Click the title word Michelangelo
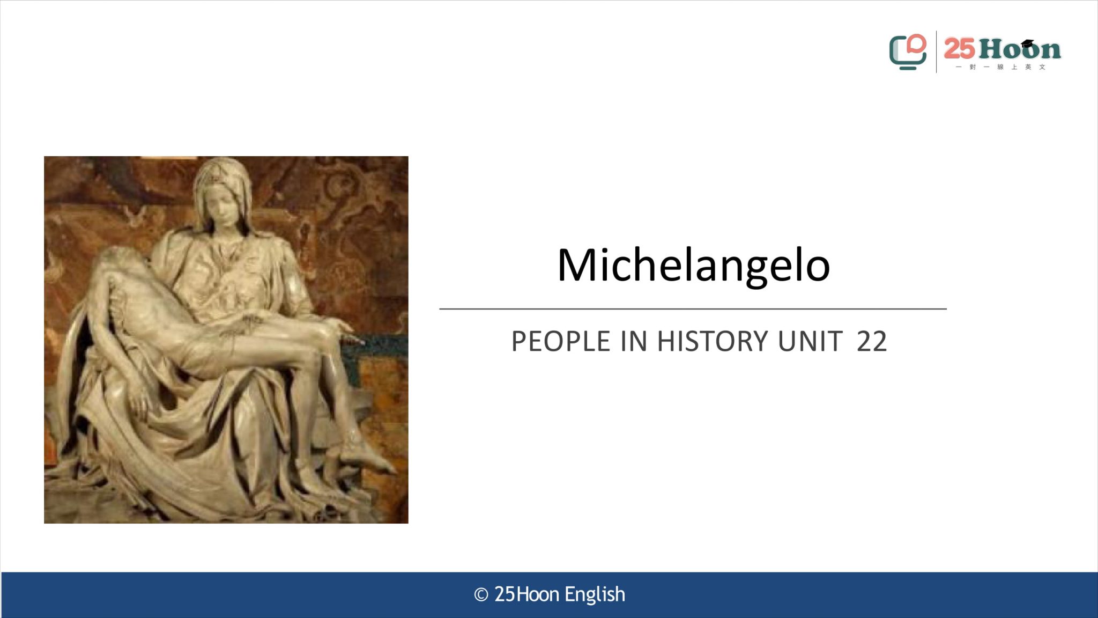tap(693, 265)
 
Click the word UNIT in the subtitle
tap(810, 341)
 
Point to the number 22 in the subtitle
tap(872, 341)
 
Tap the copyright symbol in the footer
tap(481, 595)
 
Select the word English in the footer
tap(595, 595)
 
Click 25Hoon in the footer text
tap(526, 594)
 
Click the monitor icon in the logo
tap(907, 52)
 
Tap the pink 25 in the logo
tap(959, 49)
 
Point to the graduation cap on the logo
tap(1027, 43)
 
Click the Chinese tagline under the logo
tap(1000, 67)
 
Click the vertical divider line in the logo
tap(936, 51)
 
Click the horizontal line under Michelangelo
tap(693, 309)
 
